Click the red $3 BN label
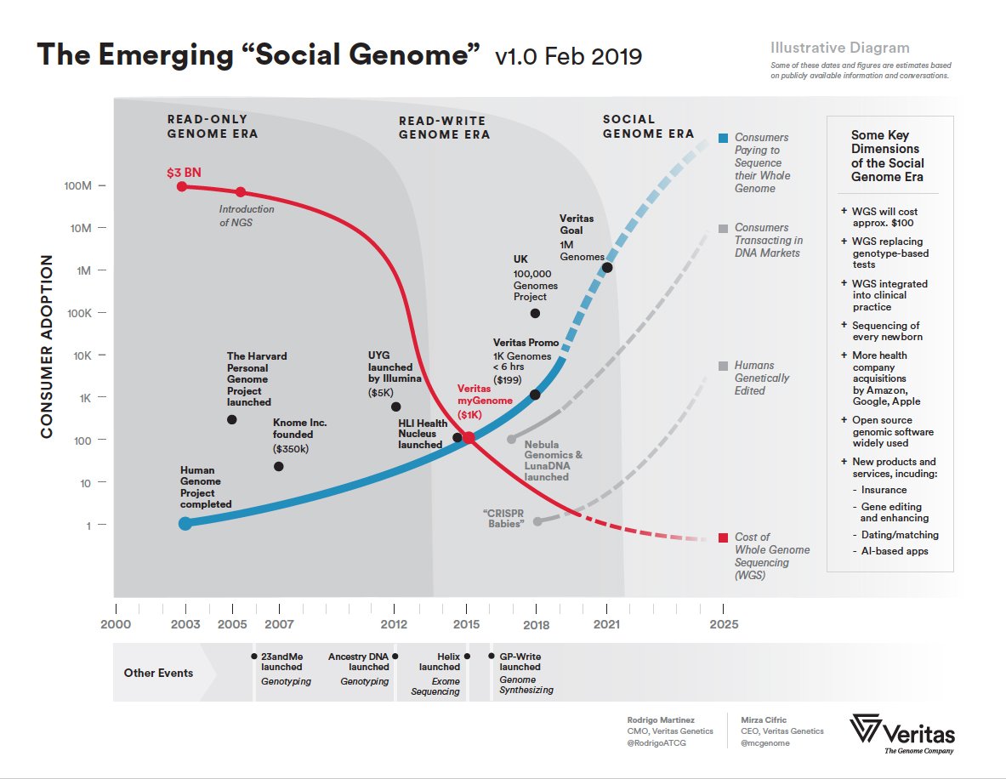[x=184, y=173]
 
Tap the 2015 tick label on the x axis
[x=466, y=624]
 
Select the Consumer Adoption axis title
[x=47, y=347]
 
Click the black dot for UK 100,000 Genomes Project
[x=535, y=313]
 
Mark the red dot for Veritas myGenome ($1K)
[x=469, y=437]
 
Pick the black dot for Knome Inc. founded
[x=279, y=466]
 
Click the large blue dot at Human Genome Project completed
[x=185, y=523]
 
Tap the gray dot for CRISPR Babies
[x=537, y=521]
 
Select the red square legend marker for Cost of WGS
[x=723, y=537]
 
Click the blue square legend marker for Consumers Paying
[x=723, y=138]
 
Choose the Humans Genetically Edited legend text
[x=762, y=378]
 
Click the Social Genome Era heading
[x=648, y=127]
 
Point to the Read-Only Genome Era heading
[x=212, y=127]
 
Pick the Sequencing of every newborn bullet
[x=887, y=331]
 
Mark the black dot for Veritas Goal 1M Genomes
[x=606, y=267]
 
